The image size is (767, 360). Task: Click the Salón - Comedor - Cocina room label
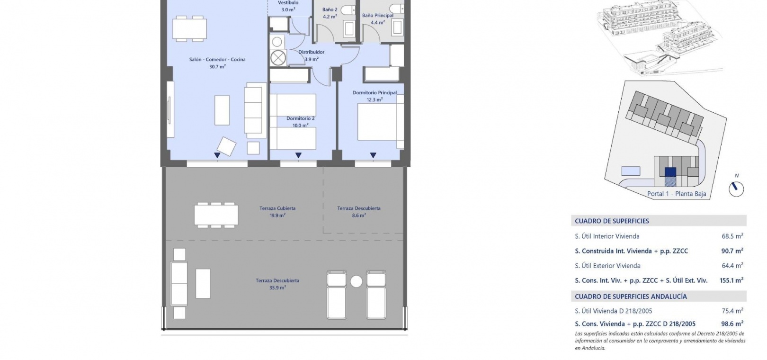217,60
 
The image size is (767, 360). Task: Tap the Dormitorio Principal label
375,92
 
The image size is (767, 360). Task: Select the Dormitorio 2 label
300,118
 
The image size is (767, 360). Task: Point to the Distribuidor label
311,52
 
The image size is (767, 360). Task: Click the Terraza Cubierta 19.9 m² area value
277,216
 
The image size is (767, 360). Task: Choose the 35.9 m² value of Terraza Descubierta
277,288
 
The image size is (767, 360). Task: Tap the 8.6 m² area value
359,216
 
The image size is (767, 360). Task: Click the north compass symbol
736,189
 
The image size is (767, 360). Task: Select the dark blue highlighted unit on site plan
670,172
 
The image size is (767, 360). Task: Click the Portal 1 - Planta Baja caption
676,194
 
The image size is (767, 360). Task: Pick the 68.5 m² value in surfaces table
732,236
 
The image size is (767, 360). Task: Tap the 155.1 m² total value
731,280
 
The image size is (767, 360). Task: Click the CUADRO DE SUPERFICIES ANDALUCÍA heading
631,297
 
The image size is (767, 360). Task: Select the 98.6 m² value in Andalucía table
732,324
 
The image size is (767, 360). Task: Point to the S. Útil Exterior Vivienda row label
607,265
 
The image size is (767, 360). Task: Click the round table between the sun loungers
356,281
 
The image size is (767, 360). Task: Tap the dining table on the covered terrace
216,215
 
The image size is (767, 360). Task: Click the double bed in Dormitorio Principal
380,122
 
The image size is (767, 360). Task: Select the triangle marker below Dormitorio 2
298,155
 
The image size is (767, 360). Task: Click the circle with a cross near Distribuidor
278,57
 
